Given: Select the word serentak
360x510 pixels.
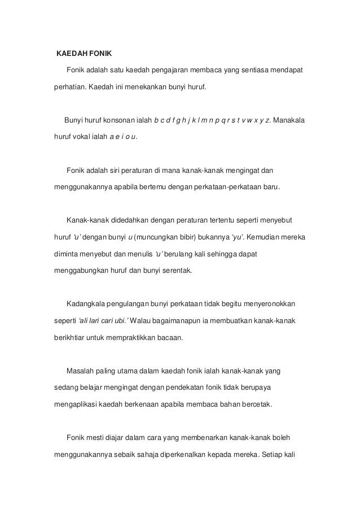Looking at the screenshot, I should point(177,269).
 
